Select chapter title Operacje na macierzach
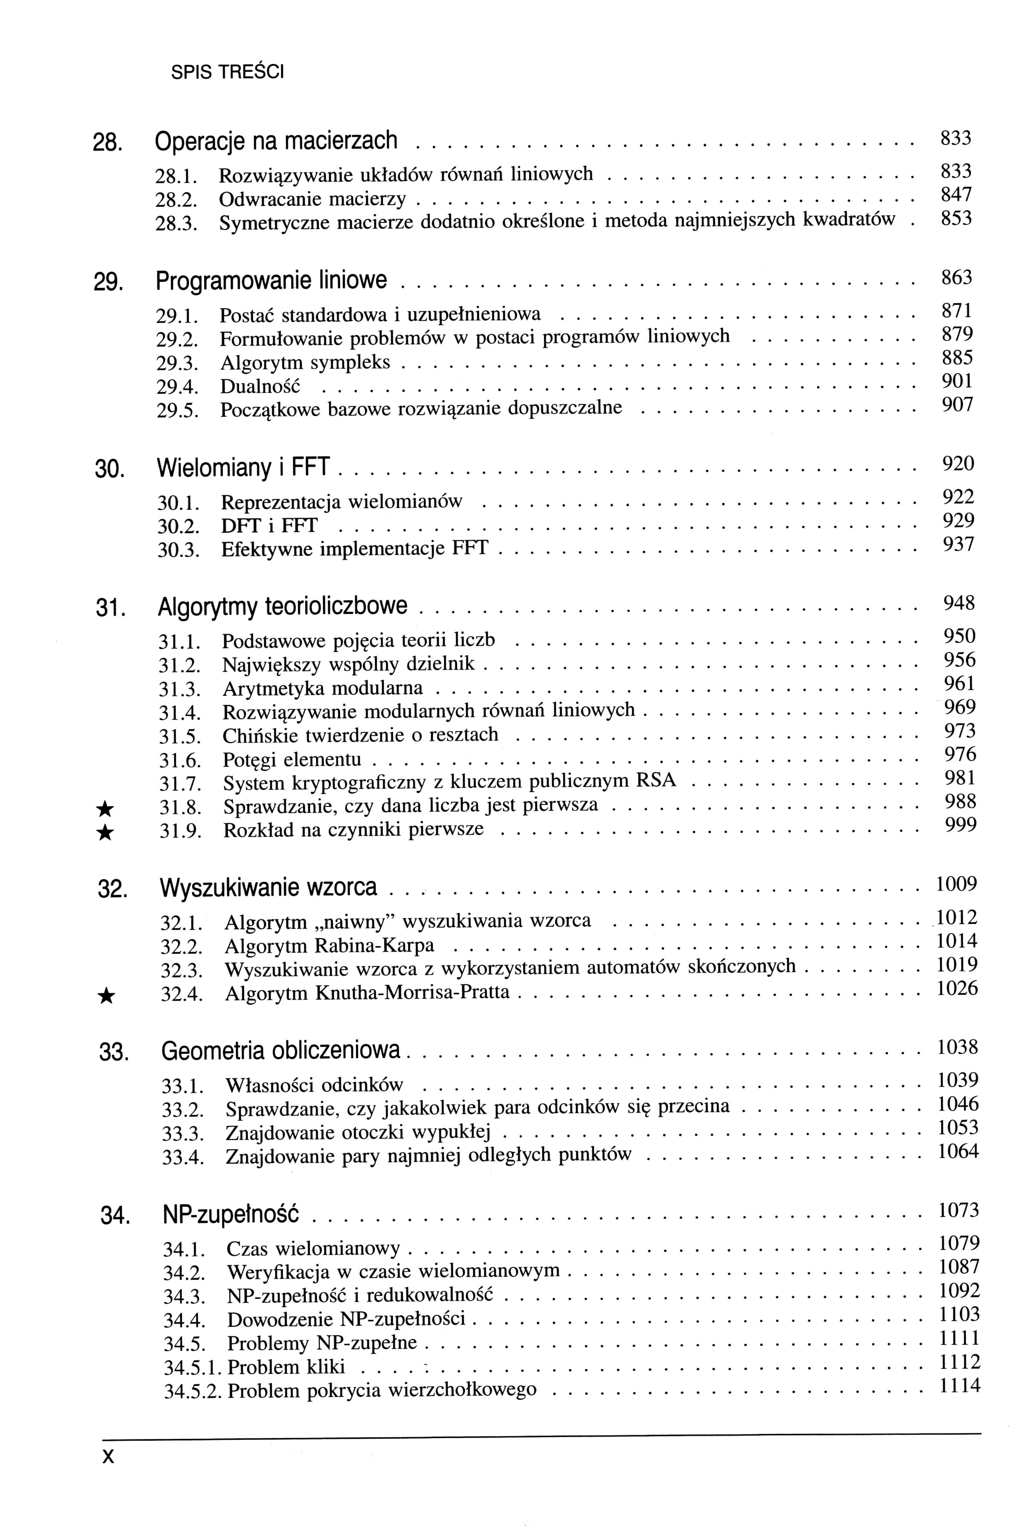[276, 141]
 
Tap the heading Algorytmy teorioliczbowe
[283, 606]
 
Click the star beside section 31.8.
[105, 809]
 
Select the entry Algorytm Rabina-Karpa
[329, 946]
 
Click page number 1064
[958, 1151]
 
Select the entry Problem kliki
[286, 1368]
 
